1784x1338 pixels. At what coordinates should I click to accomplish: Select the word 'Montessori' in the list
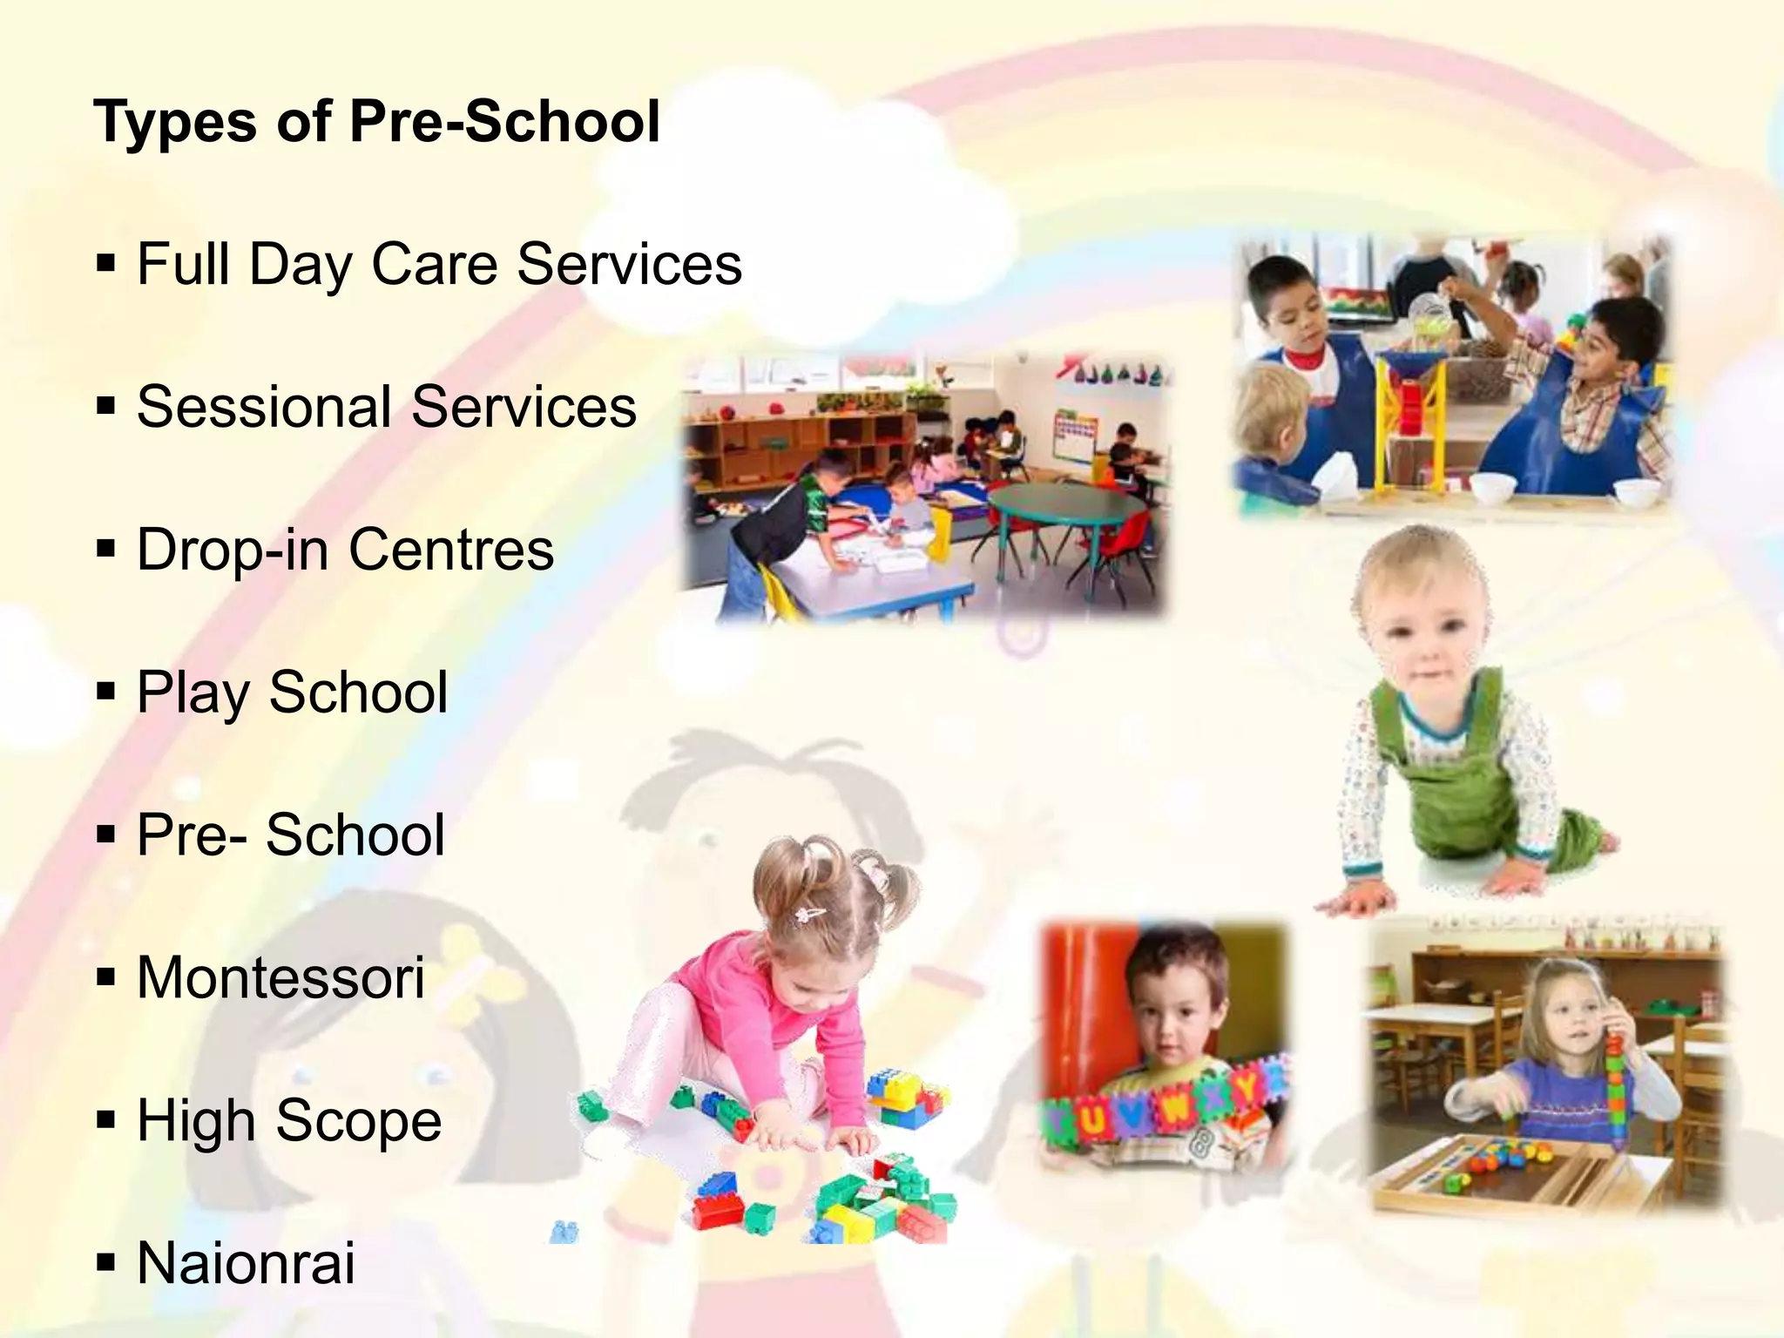coord(280,977)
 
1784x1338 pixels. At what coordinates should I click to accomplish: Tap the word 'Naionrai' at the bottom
coord(247,1263)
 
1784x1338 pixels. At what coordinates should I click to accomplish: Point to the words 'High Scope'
coord(289,1120)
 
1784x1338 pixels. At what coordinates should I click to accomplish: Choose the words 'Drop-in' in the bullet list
coord(233,550)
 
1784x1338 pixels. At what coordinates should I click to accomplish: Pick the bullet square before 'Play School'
coord(106,693)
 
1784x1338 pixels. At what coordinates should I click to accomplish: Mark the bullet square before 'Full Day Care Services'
coord(106,264)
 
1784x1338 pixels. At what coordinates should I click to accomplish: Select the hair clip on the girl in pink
coord(809,914)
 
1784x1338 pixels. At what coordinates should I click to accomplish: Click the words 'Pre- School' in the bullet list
coord(291,835)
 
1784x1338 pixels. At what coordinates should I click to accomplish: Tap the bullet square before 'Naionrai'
coord(106,1264)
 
